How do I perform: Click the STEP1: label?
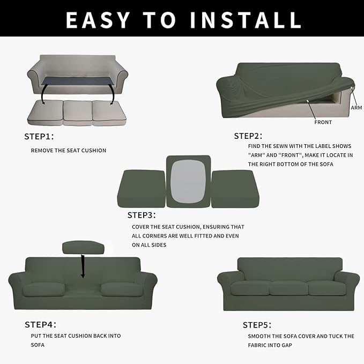pyautogui.click(x=39, y=136)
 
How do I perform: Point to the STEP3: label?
pyautogui.click(x=142, y=215)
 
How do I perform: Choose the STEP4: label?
pyautogui.click(x=40, y=324)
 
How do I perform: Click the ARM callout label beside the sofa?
pyautogui.click(x=356, y=108)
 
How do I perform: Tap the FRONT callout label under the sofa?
pyautogui.click(x=323, y=122)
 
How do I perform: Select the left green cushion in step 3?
pyautogui.click(x=141, y=189)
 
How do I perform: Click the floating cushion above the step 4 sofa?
pyautogui.click(x=83, y=247)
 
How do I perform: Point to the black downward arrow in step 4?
pyautogui.click(x=83, y=266)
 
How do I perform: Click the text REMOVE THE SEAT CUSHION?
pyautogui.click(x=69, y=151)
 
